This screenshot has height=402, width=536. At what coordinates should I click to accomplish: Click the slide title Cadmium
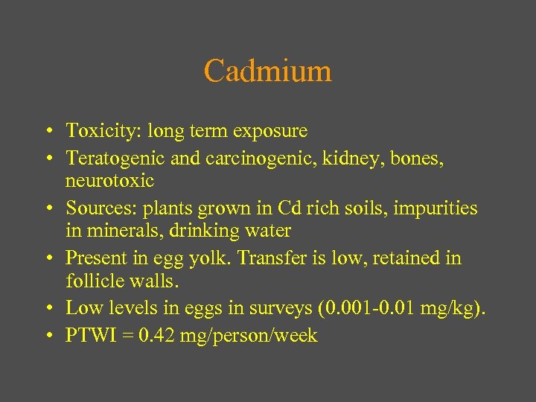[x=267, y=71]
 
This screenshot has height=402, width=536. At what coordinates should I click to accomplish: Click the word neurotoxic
[x=109, y=181]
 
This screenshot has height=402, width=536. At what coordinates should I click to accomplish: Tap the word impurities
[x=430, y=208]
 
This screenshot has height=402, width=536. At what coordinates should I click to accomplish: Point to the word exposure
[x=269, y=132]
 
